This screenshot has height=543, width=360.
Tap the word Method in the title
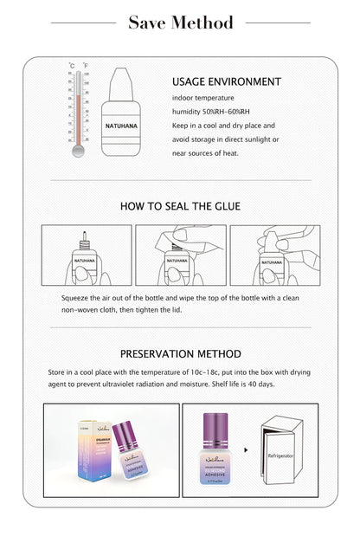coord(202,23)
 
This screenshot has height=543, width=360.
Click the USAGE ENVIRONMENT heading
coord(226,82)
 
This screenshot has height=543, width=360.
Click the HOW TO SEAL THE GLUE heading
coord(179,206)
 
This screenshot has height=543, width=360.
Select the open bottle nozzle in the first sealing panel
coord(84,236)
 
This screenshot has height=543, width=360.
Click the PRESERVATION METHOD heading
coord(179,353)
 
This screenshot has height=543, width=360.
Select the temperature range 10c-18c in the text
coord(215,371)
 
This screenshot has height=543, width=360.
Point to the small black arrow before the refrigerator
coord(247,450)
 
